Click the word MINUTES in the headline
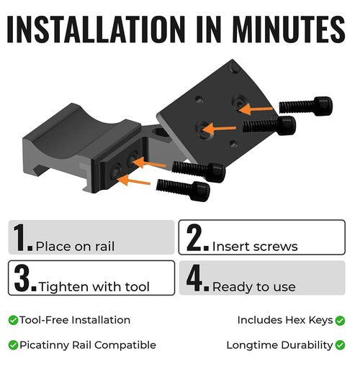pos(289,29)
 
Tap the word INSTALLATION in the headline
pos(96,29)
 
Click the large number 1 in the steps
pos(20,237)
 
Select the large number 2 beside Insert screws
pos(194,237)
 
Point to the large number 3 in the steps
pos(22,278)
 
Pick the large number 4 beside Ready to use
pos(194,278)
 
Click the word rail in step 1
pos(105,246)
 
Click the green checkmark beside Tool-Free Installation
pos(13,320)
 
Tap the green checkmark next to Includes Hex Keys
pos(340,321)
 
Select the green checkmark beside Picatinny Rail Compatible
pos(13,345)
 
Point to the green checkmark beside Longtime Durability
pos(340,345)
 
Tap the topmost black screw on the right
pos(306,106)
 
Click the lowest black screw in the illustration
pos(183,190)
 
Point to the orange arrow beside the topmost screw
pos(256,110)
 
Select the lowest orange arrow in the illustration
pos(135,180)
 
